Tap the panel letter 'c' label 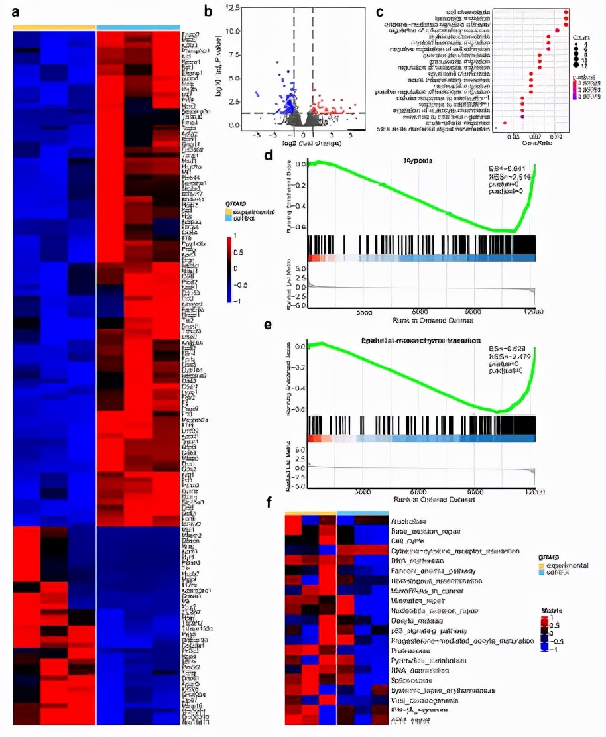click(379, 11)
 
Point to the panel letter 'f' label click(269, 502)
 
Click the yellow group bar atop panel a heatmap click(54, 27)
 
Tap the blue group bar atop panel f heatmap click(363, 512)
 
